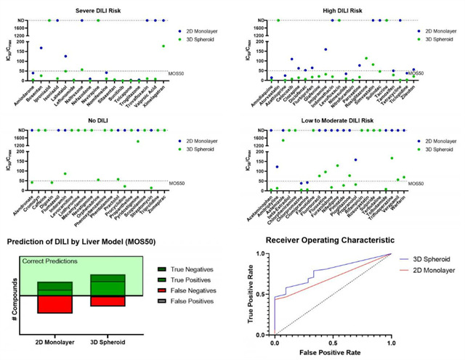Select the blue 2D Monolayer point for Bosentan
tap(41, 48)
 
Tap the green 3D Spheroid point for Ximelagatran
tap(163, 46)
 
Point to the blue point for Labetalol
tap(65, 56)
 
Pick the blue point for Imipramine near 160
tap(325, 49)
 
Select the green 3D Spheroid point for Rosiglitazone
tap(366, 58)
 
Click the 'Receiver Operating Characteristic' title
tap(330, 239)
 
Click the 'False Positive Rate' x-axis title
tap(331, 352)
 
